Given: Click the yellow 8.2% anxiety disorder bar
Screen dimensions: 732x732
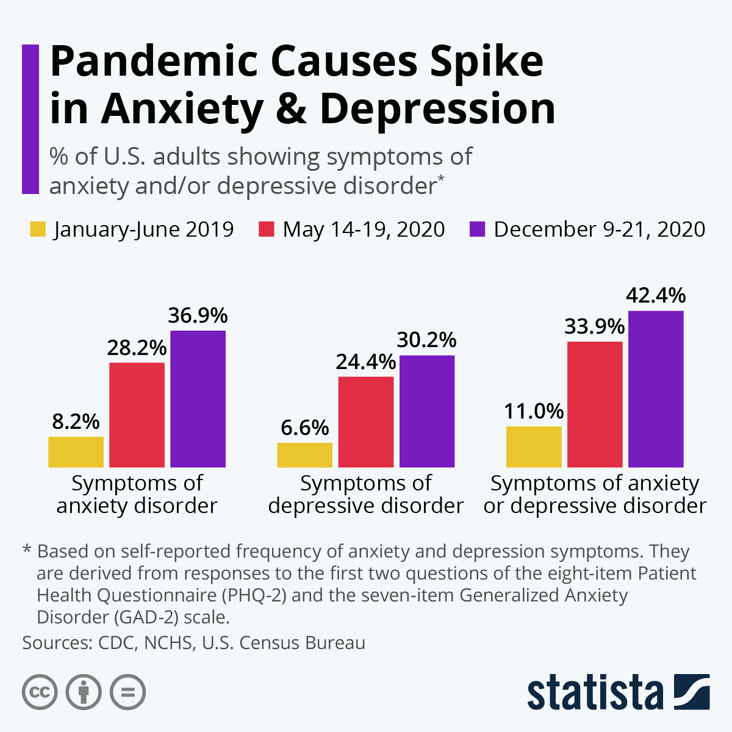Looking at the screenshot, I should (76, 452).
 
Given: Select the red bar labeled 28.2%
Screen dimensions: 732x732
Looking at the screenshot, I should (137, 415).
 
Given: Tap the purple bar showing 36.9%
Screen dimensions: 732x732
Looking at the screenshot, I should (198, 399).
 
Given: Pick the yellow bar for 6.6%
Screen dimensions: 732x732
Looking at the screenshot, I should (304, 455).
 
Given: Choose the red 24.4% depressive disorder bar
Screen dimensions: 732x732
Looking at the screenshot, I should (365, 422).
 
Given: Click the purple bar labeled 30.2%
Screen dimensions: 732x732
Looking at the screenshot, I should (426, 411).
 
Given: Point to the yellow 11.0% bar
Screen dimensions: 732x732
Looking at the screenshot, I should (534, 447).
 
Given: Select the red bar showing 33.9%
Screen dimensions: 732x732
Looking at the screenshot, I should (595, 404).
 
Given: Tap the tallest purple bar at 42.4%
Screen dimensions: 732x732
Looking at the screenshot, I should (656, 389).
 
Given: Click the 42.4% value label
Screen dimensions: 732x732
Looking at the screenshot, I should (656, 296).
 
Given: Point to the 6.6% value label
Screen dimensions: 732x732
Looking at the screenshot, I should (304, 428).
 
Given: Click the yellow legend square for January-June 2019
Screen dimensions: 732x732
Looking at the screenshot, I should (38, 230).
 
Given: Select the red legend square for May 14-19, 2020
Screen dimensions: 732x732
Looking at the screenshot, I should (267, 230).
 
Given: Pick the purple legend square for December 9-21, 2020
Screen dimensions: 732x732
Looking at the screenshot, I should (478, 230).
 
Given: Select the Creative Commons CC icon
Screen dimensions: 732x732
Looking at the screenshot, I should (40, 692).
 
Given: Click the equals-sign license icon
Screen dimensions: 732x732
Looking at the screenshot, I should (127, 692).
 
